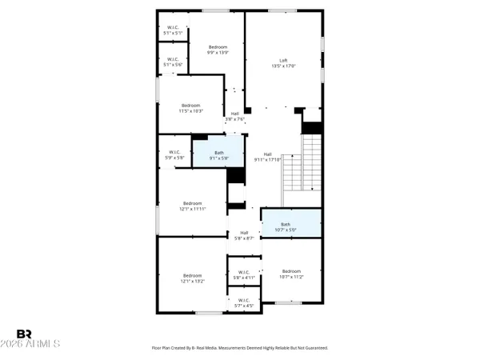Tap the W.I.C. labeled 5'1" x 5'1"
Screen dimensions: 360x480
tap(172, 30)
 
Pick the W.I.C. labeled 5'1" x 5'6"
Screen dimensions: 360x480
tap(172, 62)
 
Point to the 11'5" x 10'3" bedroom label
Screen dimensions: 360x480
tap(191, 108)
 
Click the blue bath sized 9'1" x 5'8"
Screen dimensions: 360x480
tap(218, 155)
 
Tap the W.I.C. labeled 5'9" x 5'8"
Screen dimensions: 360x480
tap(174, 154)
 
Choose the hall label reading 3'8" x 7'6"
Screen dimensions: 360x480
tap(235, 116)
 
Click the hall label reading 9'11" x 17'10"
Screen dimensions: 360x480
tap(267, 157)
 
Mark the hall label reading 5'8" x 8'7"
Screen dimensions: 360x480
tap(244, 235)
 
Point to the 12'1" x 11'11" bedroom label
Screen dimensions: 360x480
tap(192, 206)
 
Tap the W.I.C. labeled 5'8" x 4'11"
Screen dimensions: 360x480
tap(244, 274)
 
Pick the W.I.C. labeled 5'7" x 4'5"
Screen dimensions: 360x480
tap(244, 302)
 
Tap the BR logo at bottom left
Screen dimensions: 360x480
tap(24, 333)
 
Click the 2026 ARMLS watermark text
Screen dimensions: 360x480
tap(38, 345)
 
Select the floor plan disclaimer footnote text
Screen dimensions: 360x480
tap(240, 348)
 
